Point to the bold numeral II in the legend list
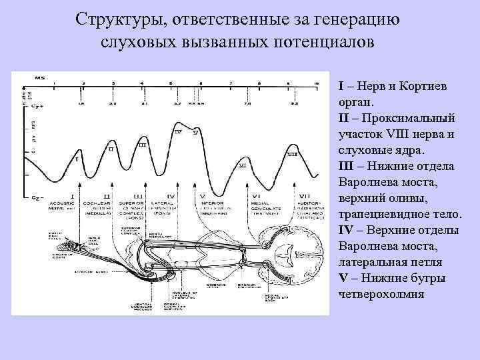pyautogui.click(x=344, y=117)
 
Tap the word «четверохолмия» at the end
pyautogui.click(x=381, y=293)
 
